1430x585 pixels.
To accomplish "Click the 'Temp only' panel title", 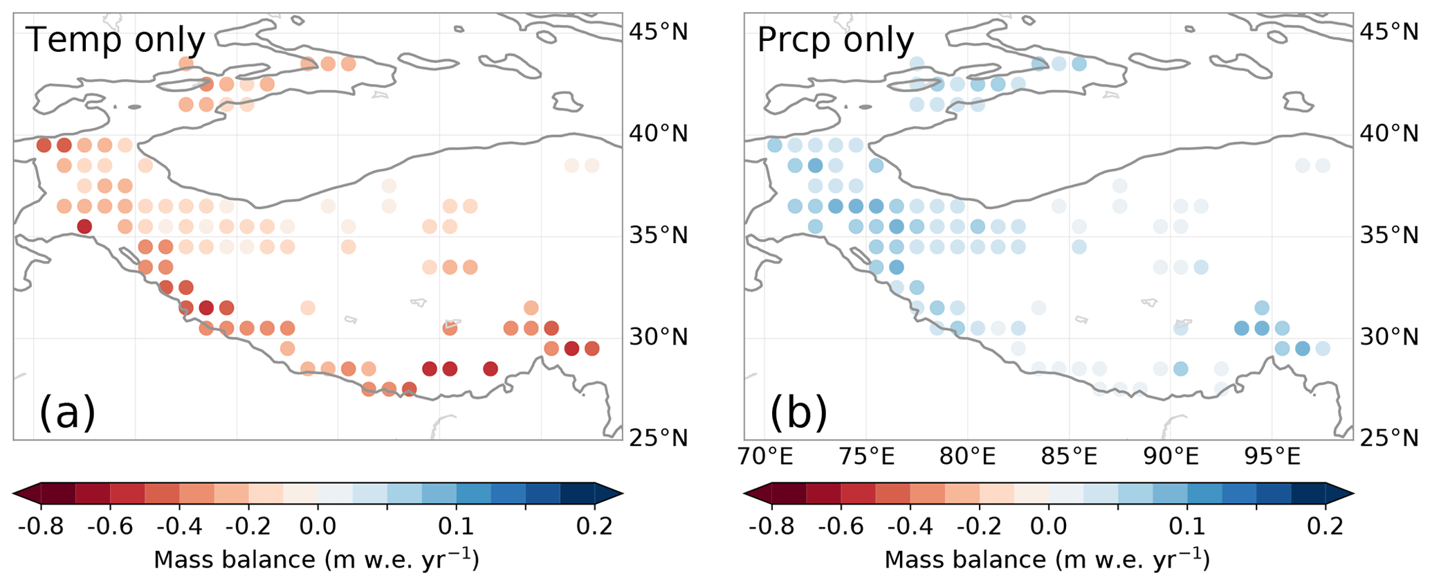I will (x=116, y=40).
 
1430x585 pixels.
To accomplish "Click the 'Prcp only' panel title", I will (x=835, y=40).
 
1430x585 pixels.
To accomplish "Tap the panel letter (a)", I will (x=67, y=413).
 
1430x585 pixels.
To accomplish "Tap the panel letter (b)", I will (x=798, y=413).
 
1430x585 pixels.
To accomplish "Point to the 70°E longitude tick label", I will (x=764, y=457).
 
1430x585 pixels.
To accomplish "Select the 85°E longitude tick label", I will (x=1070, y=457).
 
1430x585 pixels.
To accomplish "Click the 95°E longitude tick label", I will (x=1273, y=457).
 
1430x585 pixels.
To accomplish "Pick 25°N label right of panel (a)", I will (x=657, y=438).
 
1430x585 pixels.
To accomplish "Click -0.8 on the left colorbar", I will (x=41, y=526).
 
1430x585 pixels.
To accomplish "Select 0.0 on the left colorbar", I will (x=318, y=526).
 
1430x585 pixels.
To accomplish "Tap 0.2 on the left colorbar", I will (x=595, y=526).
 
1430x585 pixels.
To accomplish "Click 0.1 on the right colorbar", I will (x=1187, y=526).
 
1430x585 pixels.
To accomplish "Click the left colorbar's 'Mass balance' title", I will (x=316, y=559).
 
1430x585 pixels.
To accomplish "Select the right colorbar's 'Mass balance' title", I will (x=1047, y=559).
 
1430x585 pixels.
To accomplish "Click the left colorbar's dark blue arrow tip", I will (x=616, y=494).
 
